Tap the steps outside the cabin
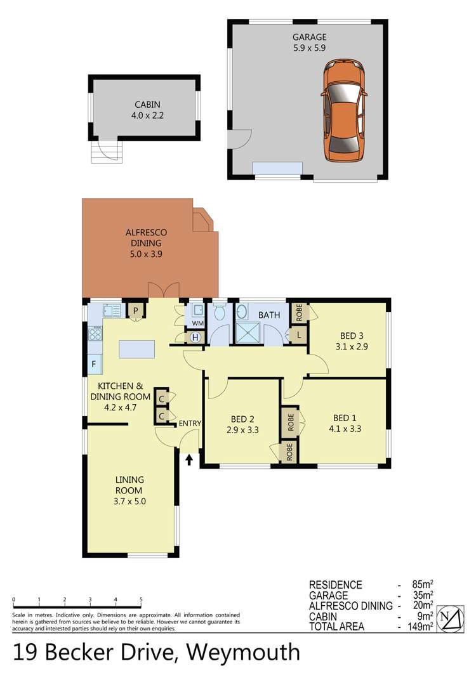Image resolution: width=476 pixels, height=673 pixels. click(105, 152)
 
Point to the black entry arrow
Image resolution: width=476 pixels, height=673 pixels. click(188, 459)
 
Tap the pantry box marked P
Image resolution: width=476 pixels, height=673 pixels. click(136, 310)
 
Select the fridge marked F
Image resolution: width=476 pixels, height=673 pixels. click(93, 364)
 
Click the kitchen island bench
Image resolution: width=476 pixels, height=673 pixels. click(136, 349)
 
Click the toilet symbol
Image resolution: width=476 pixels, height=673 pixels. click(220, 311)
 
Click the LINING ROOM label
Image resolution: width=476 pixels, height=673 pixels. click(129, 485)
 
